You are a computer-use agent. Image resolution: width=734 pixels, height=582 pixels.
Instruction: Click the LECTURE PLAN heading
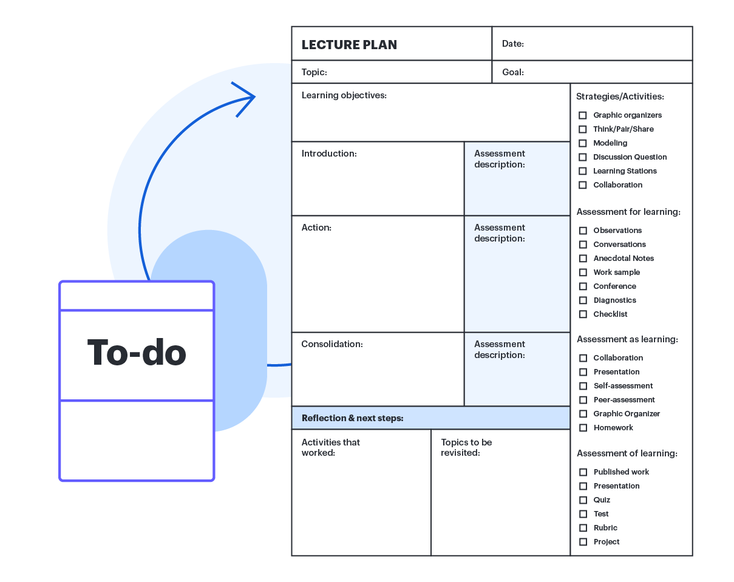click(349, 45)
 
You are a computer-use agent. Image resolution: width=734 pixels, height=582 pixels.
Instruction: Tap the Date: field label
click(512, 44)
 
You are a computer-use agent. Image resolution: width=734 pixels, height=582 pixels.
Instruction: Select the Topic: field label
click(314, 72)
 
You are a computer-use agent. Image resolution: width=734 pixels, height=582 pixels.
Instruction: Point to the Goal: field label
click(512, 72)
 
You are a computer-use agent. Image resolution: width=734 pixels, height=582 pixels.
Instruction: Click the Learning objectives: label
click(344, 95)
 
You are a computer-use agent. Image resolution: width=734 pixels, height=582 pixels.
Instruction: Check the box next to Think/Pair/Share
click(583, 129)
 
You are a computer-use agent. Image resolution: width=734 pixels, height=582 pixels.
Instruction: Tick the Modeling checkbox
click(583, 143)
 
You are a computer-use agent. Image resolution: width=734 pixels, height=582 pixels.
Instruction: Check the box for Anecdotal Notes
click(583, 259)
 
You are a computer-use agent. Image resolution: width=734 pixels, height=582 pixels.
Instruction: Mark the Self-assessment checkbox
click(583, 386)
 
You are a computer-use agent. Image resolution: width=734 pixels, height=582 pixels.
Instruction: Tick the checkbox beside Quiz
click(583, 500)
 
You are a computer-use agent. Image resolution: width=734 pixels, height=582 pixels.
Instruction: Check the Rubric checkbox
click(583, 528)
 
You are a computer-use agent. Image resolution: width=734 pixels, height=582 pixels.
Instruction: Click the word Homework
click(613, 428)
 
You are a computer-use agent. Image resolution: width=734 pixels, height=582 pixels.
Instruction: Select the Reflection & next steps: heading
click(352, 418)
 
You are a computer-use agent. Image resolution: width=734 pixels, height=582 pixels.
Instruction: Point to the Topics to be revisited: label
click(466, 447)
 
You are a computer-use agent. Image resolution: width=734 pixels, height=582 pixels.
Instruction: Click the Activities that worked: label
click(330, 447)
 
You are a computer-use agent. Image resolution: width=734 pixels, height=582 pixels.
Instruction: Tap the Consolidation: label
click(331, 344)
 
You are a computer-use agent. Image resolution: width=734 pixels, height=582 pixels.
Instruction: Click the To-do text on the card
click(137, 353)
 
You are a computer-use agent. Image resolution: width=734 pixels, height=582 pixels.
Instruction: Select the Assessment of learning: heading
click(627, 453)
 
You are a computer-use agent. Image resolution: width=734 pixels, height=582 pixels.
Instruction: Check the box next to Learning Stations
click(583, 171)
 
